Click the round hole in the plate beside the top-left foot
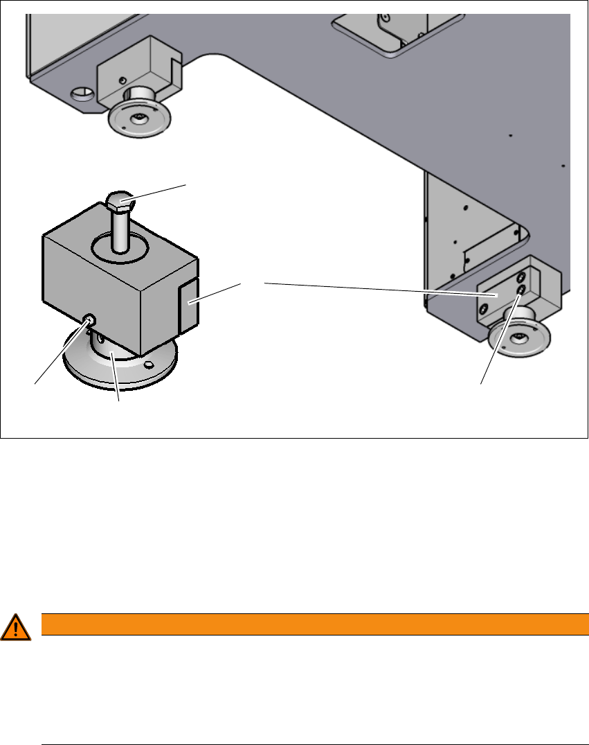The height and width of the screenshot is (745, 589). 82,92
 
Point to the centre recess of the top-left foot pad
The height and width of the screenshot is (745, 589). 140,117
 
